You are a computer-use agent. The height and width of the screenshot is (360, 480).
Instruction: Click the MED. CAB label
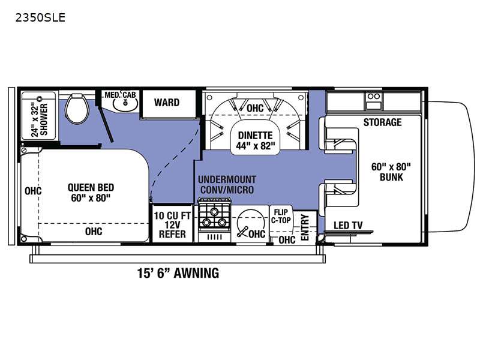120,95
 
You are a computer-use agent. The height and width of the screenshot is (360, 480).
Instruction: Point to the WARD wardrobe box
167,103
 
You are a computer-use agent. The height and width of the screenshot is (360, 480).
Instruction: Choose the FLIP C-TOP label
281,217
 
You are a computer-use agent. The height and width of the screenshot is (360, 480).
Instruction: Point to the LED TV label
348,226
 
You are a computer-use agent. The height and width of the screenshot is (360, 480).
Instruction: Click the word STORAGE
382,122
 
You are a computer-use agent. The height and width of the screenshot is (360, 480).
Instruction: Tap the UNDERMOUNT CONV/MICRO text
226,185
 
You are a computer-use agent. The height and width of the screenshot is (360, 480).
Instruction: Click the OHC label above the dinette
255,108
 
